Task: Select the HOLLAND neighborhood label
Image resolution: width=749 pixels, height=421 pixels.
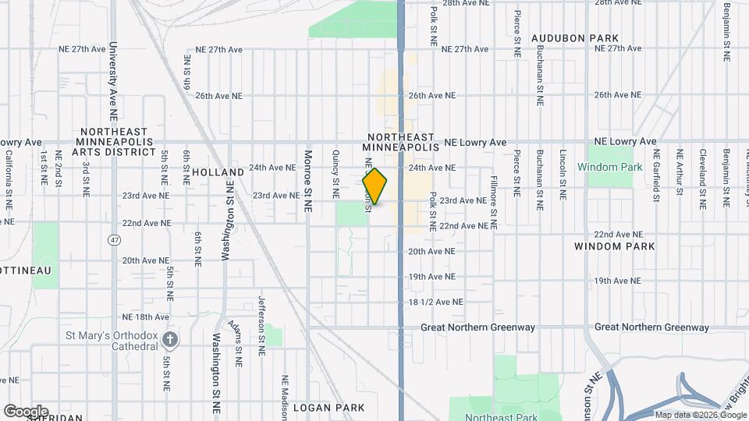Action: click(218, 172)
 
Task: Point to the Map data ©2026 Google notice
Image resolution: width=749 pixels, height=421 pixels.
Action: click(700, 415)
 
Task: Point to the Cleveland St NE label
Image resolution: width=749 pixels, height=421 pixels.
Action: click(702, 179)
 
